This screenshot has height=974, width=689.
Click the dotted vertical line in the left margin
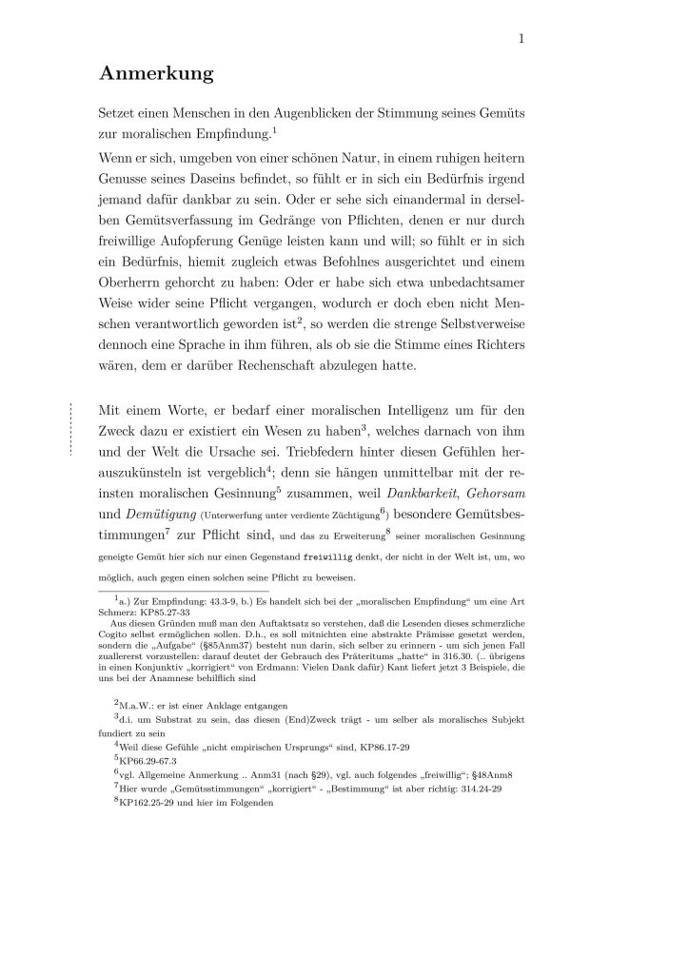[71, 431]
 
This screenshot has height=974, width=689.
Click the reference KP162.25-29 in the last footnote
[156, 802]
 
